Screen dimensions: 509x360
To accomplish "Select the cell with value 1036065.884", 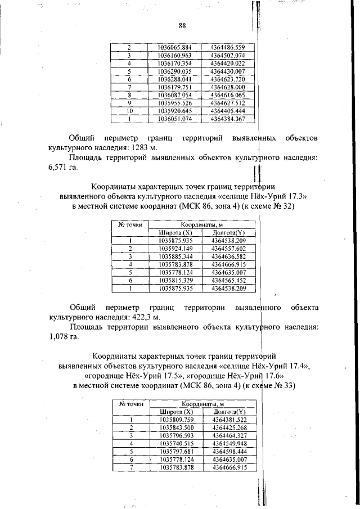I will point(174,48).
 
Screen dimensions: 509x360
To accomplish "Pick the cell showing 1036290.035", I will point(174,71).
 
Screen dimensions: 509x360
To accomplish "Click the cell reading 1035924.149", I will point(175,248).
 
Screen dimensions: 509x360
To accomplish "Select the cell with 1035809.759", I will point(176,419).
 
